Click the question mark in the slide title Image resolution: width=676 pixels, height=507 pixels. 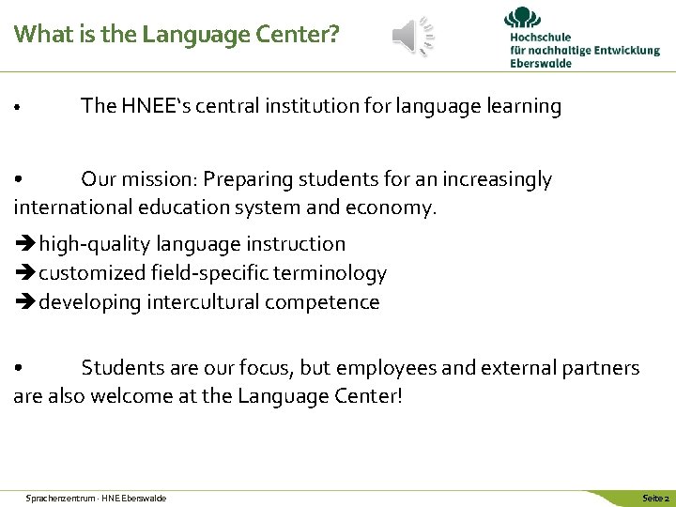pyautogui.click(x=333, y=35)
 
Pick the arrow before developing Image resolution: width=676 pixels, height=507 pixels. pyautogui.click(x=24, y=303)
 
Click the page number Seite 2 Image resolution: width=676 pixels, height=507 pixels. pyautogui.click(x=654, y=497)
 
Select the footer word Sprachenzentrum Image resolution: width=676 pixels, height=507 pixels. pyautogui.click(x=57, y=497)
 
